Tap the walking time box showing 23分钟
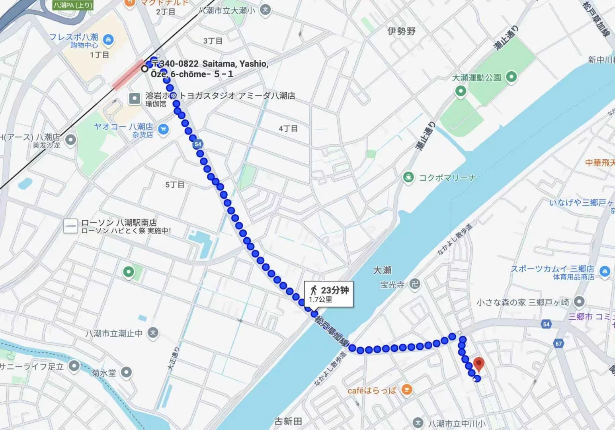coord(328,294)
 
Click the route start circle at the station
coord(145,68)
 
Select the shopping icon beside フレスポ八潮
coord(108,39)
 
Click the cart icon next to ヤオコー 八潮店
coord(163,129)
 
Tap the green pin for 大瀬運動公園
coord(511,77)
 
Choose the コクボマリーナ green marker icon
coord(408,177)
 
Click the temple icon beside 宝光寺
coord(415,284)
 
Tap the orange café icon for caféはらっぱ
coord(406,390)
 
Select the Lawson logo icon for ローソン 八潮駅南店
coord(70,226)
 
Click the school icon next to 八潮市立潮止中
coord(153,332)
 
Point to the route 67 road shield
coord(558,343)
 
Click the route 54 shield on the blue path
coord(198,144)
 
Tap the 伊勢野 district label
coord(401,31)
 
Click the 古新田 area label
coord(288,421)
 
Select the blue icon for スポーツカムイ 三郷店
coord(605,272)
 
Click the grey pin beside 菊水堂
coord(126,372)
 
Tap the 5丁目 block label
coord(175,185)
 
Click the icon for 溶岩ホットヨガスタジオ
coord(135,98)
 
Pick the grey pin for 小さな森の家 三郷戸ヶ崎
coord(579,302)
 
